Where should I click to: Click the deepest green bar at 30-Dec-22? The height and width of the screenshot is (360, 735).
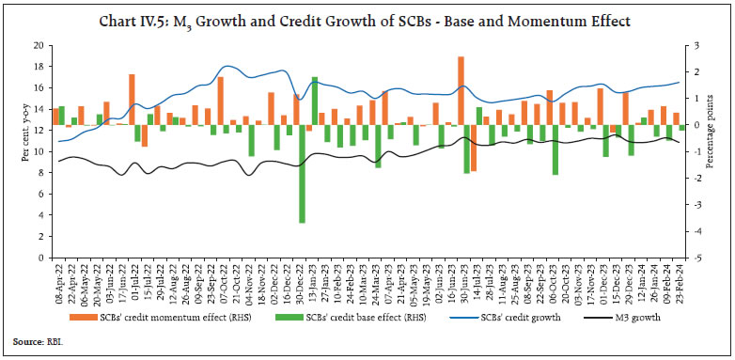pos(302,174)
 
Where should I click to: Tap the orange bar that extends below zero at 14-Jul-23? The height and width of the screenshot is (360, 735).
pos(474,148)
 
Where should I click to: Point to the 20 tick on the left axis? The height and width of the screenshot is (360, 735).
pos(39,45)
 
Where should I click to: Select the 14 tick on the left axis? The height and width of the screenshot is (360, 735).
pos(39,108)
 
